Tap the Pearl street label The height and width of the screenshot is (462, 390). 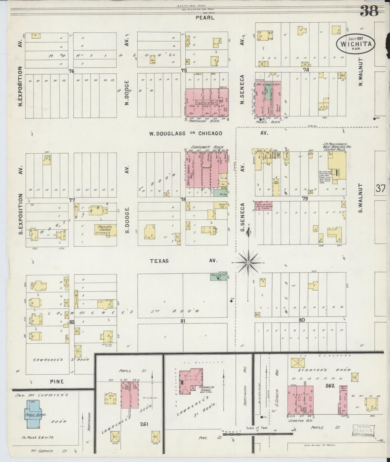[205, 18]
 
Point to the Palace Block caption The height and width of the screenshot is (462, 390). [267, 122]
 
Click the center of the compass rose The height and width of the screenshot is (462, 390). [248, 262]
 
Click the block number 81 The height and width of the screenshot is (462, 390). [183, 321]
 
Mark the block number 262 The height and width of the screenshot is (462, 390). [330, 386]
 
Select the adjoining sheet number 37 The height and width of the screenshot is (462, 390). [380, 188]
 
